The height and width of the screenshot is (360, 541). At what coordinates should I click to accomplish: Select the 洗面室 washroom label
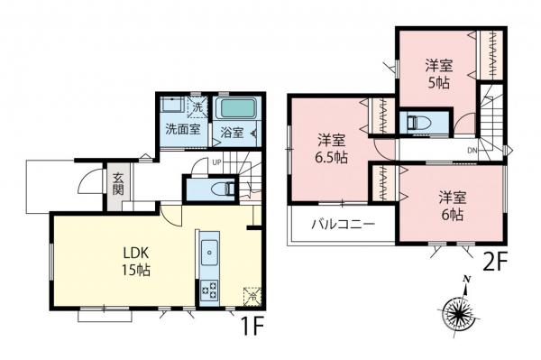point(180,129)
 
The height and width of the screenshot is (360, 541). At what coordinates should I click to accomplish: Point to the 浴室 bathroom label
point(231,133)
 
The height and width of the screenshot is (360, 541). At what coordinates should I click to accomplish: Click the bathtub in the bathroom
point(236,107)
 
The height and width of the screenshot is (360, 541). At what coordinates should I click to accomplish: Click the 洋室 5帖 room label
point(439,73)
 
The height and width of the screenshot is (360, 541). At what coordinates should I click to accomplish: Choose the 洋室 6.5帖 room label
point(331,147)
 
